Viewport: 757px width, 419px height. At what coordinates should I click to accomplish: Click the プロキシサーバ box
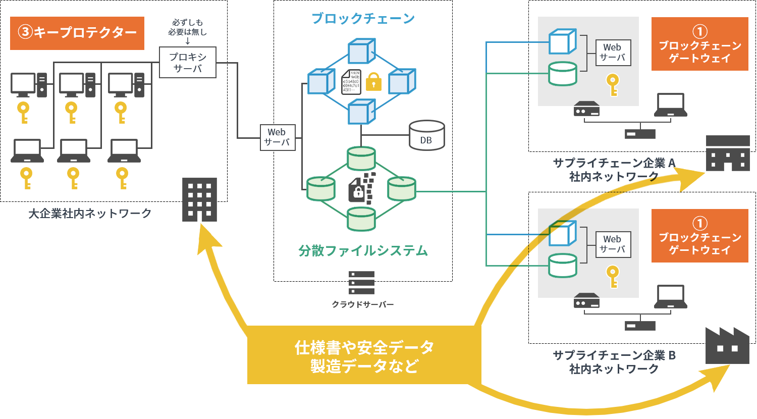click(x=188, y=63)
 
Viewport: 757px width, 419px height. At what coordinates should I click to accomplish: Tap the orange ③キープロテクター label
click(x=77, y=33)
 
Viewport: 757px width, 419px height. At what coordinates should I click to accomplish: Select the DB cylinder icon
click(x=426, y=135)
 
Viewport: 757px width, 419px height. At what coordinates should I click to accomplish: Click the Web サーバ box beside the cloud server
click(x=277, y=137)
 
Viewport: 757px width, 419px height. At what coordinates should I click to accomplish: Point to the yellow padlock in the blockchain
click(x=373, y=81)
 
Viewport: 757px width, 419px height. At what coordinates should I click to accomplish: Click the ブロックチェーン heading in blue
click(x=363, y=19)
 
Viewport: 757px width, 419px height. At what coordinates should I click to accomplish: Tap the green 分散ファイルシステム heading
click(x=363, y=251)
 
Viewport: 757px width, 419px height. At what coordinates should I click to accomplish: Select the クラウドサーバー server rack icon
click(x=361, y=283)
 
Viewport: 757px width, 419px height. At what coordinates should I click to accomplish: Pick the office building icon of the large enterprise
click(x=199, y=199)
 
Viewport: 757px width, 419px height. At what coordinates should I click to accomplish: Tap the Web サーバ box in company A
click(x=613, y=53)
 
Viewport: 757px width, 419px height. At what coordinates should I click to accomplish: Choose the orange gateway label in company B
click(x=699, y=236)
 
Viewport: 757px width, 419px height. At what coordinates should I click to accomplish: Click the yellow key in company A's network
click(x=613, y=84)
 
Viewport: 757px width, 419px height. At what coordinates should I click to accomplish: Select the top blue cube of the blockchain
click(x=362, y=51)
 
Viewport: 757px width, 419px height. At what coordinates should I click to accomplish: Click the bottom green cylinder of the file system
click(x=361, y=219)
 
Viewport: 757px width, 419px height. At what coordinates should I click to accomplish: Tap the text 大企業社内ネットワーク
click(x=90, y=214)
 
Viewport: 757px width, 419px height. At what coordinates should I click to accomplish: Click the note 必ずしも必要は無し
click(x=188, y=27)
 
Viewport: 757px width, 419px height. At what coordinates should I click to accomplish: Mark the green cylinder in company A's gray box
click(x=563, y=74)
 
